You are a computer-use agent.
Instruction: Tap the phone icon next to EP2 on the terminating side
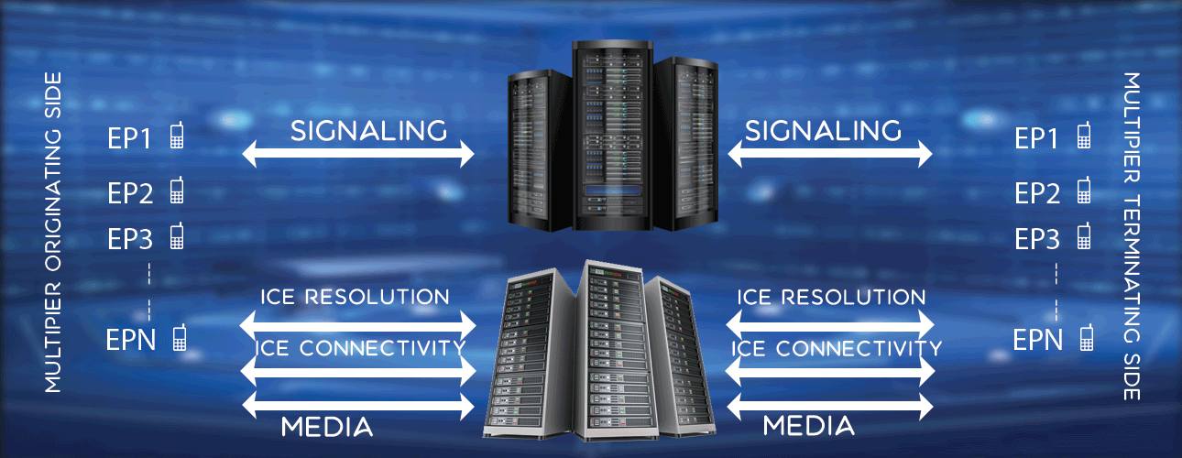click(1085, 191)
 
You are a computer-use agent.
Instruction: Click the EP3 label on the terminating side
click(1037, 239)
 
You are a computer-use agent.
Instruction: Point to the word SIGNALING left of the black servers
click(368, 131)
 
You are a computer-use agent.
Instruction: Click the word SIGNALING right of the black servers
click(823, 131)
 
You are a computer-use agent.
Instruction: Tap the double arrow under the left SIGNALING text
click(358, 156)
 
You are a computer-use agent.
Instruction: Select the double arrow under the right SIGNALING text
click(829, 156)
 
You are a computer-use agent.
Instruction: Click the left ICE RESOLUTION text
click(355, 297)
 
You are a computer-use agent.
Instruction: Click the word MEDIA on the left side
click(326, 426)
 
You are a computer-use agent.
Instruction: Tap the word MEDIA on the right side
click(809, 426)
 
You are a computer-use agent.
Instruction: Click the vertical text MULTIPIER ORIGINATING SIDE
click(53, 232)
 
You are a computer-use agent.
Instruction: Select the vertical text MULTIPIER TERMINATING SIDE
click(1132, 236)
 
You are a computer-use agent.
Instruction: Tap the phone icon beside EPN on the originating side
click(180, 338)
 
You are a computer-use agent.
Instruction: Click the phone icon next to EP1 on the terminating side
click(1085, 136)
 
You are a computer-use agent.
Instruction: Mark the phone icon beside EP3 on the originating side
click(177, 236)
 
